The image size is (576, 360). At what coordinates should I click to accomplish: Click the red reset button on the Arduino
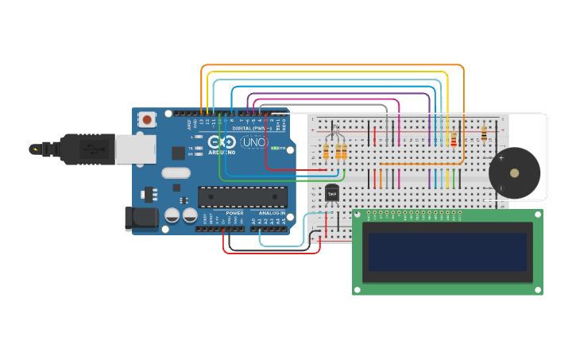147,120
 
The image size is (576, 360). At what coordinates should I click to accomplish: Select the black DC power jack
141,219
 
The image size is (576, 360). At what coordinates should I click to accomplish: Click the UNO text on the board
253,143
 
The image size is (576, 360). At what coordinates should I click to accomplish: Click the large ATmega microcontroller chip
242,196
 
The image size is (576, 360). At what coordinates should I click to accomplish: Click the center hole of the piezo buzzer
514,172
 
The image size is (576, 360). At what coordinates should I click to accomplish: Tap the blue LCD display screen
447,252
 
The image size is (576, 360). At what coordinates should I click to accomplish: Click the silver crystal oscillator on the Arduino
176,172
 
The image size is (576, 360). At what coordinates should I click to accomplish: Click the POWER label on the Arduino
234,213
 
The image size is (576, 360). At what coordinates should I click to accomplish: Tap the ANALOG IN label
272,213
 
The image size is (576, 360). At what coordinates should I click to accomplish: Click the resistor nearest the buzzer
484,134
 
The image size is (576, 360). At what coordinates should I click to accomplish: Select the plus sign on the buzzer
501,158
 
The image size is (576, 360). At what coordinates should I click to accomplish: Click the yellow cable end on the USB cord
35,149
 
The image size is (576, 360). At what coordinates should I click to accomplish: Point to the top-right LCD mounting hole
537,215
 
